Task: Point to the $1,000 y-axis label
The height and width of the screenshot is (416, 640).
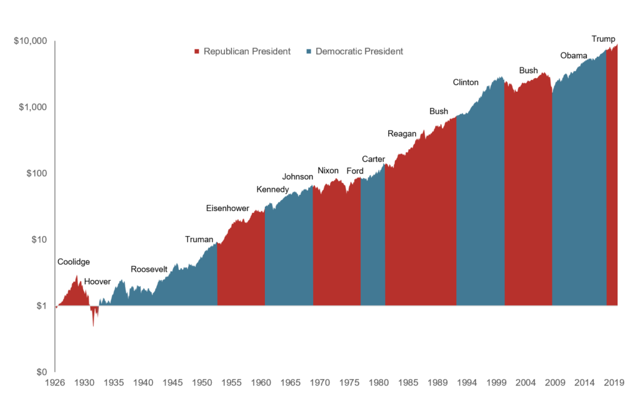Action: (x=34, y=107)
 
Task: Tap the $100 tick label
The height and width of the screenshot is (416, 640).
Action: (x=37, y=173)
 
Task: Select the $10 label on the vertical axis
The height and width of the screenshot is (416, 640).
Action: (x=39, y=239)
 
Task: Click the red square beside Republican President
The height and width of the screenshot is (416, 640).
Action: (x=197, y=51)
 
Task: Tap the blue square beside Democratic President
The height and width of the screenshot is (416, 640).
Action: (x=309, y=51)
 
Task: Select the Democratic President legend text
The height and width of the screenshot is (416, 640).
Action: (x=359, y=51)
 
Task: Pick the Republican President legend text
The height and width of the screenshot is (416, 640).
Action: (x=247, y=51)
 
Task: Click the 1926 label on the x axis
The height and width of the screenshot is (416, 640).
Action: (x=56, y=381)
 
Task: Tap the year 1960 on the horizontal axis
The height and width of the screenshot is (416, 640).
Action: (x=261, y=381)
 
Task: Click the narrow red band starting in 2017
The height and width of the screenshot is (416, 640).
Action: (x=612, y=187)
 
